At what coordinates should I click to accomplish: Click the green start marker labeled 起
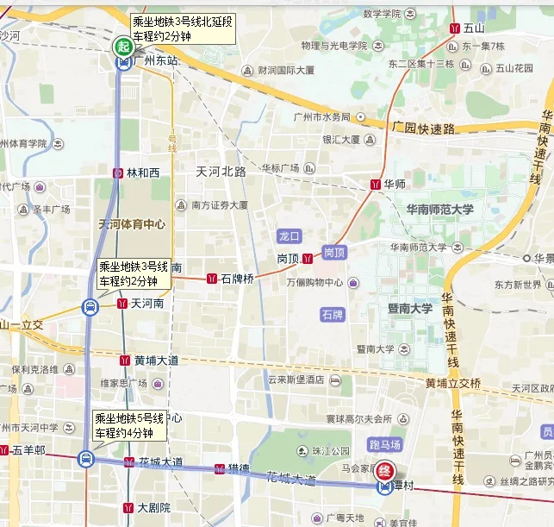124,46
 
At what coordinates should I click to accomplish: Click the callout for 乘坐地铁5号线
129,426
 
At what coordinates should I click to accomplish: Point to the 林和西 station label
143,173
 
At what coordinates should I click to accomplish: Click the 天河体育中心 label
132,224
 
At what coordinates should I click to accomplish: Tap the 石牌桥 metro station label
237,279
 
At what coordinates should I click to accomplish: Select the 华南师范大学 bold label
439,210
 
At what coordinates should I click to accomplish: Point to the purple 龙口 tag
289,235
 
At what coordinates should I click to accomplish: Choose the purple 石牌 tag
332,314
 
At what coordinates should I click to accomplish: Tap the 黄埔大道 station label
156,361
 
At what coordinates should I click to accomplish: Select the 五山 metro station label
474,28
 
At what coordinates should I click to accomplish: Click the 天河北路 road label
221,171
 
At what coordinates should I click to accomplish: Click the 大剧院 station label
153,508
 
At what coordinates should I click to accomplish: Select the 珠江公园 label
331,450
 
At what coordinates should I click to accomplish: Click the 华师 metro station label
395,184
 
